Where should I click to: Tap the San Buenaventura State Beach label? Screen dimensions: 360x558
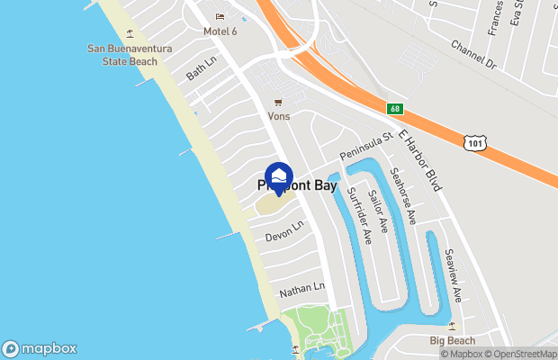pyautogui.click(x=122, y=54)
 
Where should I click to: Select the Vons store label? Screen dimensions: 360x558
pyautogui.click(x=278, y=116)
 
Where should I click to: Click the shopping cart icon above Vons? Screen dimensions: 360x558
pyautogui.click(x=278, y=102)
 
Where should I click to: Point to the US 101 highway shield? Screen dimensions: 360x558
pyautogui.click(x=476, y=142)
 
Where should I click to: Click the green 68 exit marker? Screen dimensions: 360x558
pyautogui.click(x=394, y=109)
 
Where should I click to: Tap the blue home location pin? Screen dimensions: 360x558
pyautogui.click(x=279, y=177)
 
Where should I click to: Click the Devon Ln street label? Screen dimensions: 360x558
pyautogui.click(x=285, y=229)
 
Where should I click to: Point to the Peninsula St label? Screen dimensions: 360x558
pyautogui.click(x=366, y=148)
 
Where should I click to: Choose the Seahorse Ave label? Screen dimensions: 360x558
pyautogui.click(x=402, y=194)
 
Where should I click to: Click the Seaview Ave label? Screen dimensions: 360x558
pyautogui.click(x=454, y=274)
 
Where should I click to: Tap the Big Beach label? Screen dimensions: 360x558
pyautogui.click(x=452, y=341)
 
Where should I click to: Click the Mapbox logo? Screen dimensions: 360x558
pyautogui.click(x=40, y=348)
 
